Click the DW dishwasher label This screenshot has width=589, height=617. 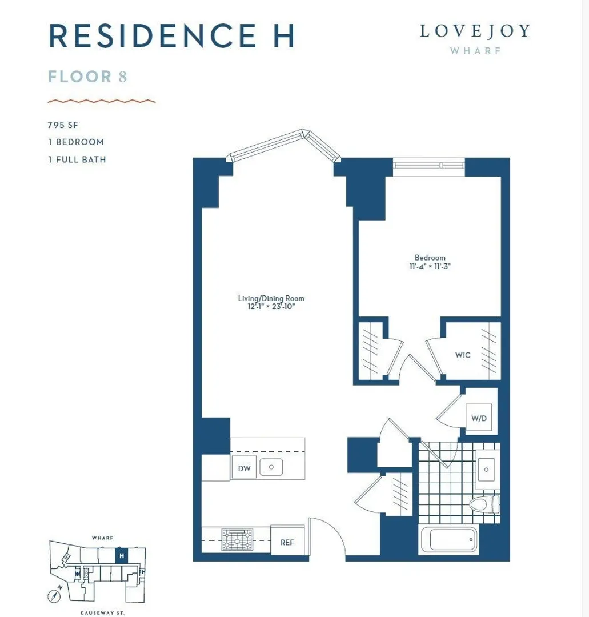(245, 468)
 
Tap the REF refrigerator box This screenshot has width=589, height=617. (287, 540)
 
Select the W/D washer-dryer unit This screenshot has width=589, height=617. (479, 418)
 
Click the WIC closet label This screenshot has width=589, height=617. (463, 355)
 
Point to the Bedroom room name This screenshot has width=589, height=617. (430, 258)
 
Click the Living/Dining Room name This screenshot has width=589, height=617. (271, 298)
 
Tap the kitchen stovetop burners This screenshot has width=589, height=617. (237, 539)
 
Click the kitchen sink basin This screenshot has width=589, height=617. (271, 467)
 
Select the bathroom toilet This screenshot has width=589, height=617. (484, 504)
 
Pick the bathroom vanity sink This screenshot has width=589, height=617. (487, 470)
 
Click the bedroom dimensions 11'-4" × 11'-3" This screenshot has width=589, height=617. (430, 266)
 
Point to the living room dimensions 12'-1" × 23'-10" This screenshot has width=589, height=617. (271, 307)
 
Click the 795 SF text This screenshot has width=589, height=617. (63, 125)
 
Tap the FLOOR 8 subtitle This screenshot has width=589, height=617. (87, 77)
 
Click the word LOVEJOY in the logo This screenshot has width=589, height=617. (475, 31)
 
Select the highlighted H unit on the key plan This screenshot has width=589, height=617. (122, 556)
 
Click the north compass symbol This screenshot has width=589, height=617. (55, 595)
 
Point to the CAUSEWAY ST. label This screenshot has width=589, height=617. (102, 612)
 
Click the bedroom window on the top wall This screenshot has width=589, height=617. (429, 165)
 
